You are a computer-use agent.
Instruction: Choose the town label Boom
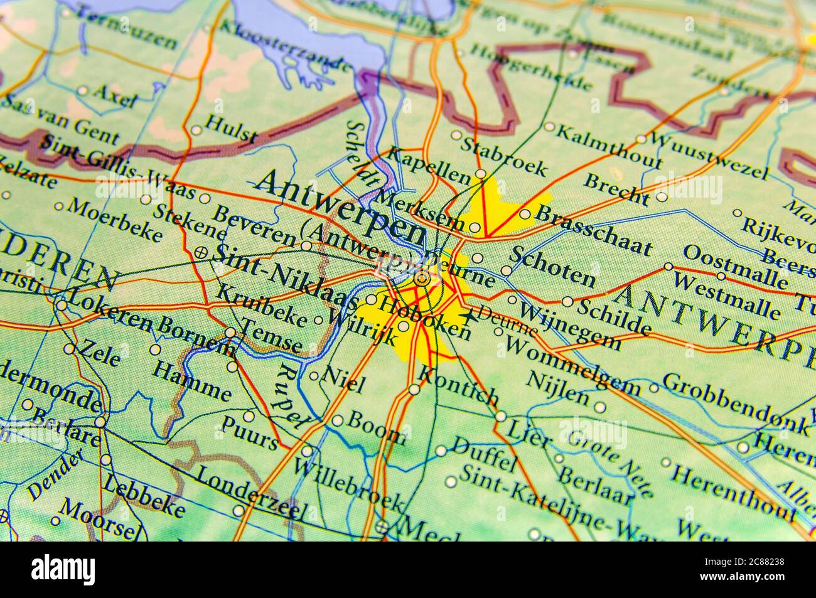(375, 428)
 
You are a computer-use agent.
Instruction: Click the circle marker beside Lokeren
(61, 306)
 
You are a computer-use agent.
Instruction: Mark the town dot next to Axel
(82, 90)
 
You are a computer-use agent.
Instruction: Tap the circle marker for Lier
(500, 416)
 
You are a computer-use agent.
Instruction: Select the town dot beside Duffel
(441, 451)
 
